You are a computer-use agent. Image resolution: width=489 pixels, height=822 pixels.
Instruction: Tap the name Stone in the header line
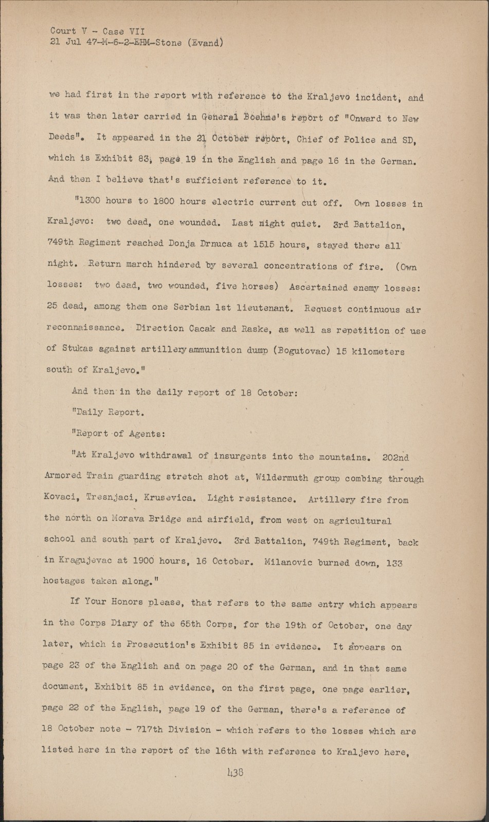coord(166,43)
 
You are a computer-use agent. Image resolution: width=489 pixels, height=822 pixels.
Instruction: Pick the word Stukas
coord(77,348)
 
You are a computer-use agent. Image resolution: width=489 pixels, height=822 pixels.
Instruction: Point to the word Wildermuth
coord(283,477)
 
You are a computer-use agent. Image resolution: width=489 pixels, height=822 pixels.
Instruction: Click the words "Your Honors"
coord(119,602)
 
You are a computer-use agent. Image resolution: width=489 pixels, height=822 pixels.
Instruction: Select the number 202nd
coord(396,457)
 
